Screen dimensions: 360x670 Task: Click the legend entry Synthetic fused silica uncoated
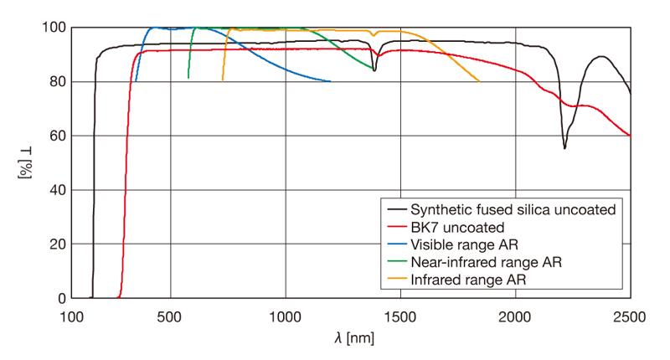(513, 209)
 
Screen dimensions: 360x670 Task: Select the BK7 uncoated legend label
(458, 227)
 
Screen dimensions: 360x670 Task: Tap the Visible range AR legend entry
(466, 244)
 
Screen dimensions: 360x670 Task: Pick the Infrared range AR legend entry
(467, 280)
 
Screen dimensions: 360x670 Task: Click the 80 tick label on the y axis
(54, 82)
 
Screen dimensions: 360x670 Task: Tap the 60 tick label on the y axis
(54, 136)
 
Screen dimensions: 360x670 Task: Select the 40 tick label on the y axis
(54, 190)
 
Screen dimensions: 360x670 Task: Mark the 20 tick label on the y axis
(54, 244)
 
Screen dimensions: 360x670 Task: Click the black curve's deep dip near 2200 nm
(564, 148)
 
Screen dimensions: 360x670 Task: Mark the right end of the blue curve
(331, 81)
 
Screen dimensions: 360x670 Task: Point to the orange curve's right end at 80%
(479, 81)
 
